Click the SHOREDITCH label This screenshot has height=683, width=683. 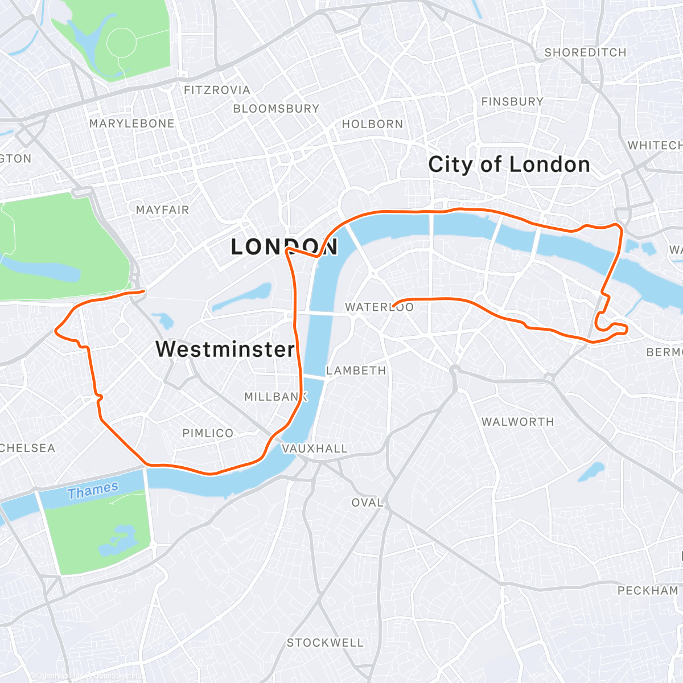click(585, 52)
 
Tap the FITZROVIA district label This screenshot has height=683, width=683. click(217, 90)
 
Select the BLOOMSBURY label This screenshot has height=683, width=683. click(276, 108)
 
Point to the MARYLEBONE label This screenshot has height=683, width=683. click(132, 124)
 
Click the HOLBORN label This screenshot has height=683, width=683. click(372, 124)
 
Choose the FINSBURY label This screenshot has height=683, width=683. click(512, 102)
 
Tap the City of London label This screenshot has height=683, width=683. click(509, 164)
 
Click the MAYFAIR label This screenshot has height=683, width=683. click(162, 210)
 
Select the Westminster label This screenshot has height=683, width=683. click(225, 349)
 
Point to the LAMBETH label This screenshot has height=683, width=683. click(356, 371)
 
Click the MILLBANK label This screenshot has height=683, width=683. click(275, 397)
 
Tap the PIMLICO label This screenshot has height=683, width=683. click(208, 433)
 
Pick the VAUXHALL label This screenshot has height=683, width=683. click(315, 449)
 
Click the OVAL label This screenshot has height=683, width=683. click(367, 503)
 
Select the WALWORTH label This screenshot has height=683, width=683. click(517, 422)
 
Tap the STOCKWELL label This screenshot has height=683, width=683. click(325, 643)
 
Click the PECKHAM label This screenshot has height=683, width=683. click(648, 591)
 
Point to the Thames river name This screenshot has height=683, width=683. click(93, 490)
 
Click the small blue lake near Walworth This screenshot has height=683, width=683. click(591, 471)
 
